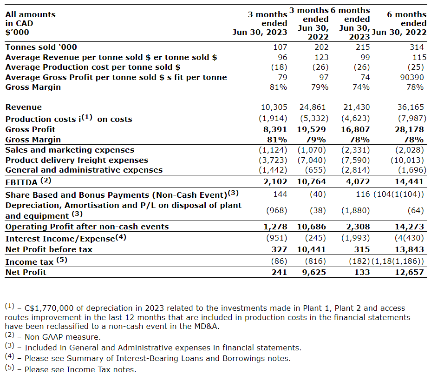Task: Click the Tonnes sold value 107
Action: pyautogui.click(x=281, y=47)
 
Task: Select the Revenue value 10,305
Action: pyautogui.click(x=273, y=107)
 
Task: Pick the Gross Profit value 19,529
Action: pyautogui.click(x=311, y=129)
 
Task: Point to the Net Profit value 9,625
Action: pyautogui.click(x=312, y=272)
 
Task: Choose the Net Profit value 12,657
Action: pyautogui.click(x=409, y=272)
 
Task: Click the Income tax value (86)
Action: pyautogui.click(x=278, y=261)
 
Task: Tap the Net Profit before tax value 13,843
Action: pyautogui.click(x=409, y=249)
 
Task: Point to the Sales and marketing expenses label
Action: pyautogui.click(x=70, y=150)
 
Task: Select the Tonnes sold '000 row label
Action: pyautogui.click(x=41, y=47)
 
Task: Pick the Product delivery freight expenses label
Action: pyautogui.click(x=77, y=160)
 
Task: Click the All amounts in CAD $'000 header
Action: pyautogui.click(x=30, y=23)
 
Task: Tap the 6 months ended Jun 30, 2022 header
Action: pyautogui.click(x=403, y=23)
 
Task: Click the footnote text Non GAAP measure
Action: pyautogui.click(x=62, y=337)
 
